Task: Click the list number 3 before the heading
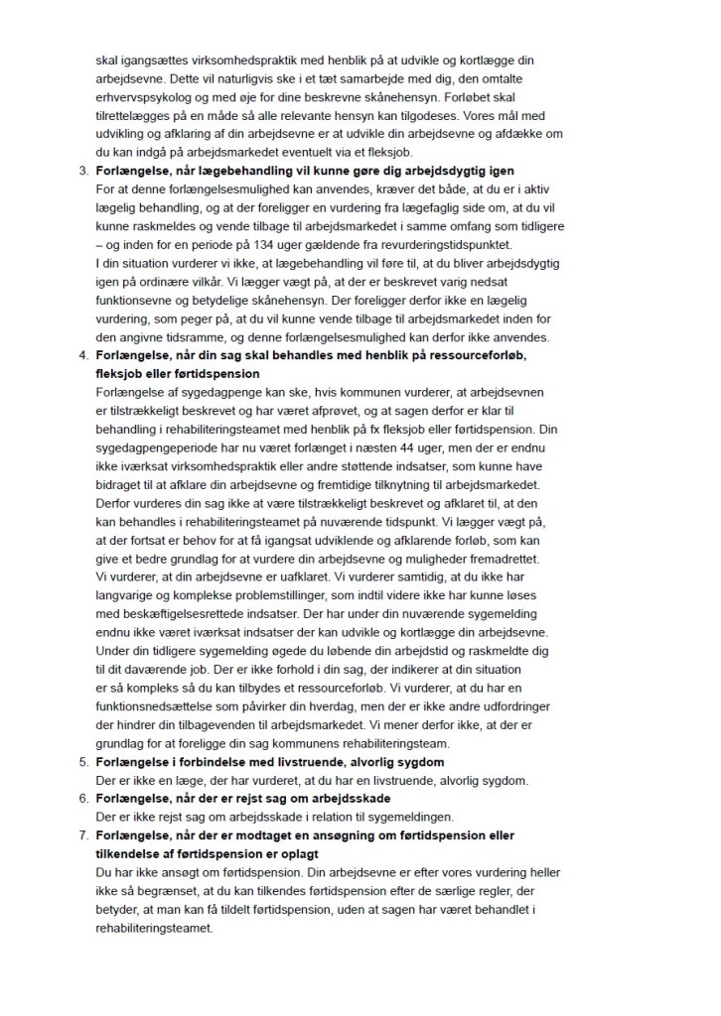pyautogui.click(x=82, y=172)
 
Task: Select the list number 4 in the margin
pyautogui.click(x=82, y=353)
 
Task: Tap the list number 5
pyautogui.click(x=82, y=763)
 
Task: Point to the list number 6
pyautogui.click(x=82, y=799)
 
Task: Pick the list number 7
pyautogui.click(x=82, y=835)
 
